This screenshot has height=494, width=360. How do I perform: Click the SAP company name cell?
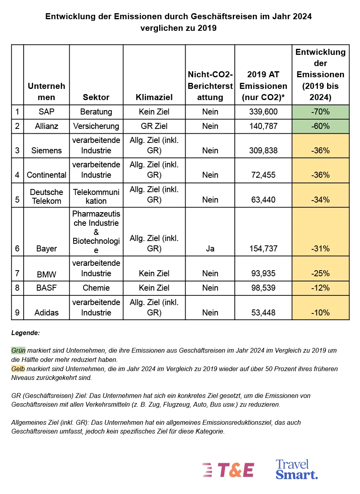(46, 112)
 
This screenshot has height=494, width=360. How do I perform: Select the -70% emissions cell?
(320, 112)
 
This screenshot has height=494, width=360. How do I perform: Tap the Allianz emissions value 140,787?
(263, 126)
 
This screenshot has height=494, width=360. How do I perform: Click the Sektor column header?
(96, 97)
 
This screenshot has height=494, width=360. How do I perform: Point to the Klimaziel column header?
(154, 97)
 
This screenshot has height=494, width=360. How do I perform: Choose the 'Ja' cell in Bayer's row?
(210, 249)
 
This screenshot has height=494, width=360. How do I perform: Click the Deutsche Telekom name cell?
(46, 196)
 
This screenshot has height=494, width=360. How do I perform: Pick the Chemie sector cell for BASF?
(96, 288)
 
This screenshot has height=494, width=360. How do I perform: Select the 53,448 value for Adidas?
(263, 313)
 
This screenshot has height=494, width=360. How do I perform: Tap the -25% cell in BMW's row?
(320, 273)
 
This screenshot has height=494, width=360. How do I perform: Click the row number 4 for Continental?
(17, 175)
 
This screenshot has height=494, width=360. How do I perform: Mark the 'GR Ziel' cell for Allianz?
(154, 126)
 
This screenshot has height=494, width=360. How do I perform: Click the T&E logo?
(228, 470)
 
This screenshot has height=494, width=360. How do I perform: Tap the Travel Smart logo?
(296, 469)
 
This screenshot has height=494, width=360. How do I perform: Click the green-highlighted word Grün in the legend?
(18, 350)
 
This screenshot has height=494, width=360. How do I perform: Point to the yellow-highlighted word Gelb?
(18, 369)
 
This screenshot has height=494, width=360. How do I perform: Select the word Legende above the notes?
(26, 333)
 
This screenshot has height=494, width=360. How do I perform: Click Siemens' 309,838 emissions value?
(263, 151)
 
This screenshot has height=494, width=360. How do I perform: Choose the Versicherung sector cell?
(96, 126)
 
